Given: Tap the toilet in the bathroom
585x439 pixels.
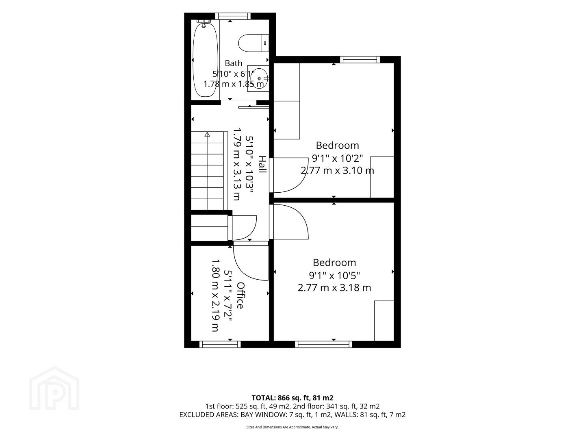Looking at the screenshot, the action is point(253,43).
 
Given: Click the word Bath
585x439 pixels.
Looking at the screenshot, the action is point(234,63).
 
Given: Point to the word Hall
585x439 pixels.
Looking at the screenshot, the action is point(263,164).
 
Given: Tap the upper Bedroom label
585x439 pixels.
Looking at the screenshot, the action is point(337,145).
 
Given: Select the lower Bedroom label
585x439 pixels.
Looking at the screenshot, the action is point(334,263).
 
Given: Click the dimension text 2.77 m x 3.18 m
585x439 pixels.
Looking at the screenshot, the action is point(334,288).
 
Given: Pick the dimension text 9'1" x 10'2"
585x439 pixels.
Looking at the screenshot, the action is point(338,159).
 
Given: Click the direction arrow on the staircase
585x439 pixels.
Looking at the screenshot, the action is point(207,134).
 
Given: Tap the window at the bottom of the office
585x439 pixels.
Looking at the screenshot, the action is point(220,344).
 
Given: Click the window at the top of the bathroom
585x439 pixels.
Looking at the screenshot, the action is point(233,16).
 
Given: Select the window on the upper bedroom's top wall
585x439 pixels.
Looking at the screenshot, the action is point(360,59).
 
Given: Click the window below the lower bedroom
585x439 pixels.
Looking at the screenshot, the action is point(323,344).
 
